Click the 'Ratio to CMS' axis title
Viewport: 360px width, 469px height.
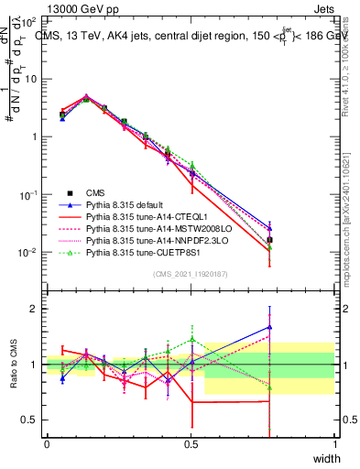(13, 366)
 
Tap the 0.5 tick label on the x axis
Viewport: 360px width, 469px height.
(191, 444)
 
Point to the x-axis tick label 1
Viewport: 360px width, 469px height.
(335, 444)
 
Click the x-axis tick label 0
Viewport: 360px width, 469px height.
(47, 444)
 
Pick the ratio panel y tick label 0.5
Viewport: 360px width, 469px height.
(32, 420)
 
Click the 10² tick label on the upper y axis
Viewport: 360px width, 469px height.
(28, 20)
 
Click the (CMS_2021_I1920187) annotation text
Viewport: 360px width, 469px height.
(191, 273)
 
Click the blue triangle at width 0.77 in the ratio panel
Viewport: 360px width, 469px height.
(269, 327)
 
